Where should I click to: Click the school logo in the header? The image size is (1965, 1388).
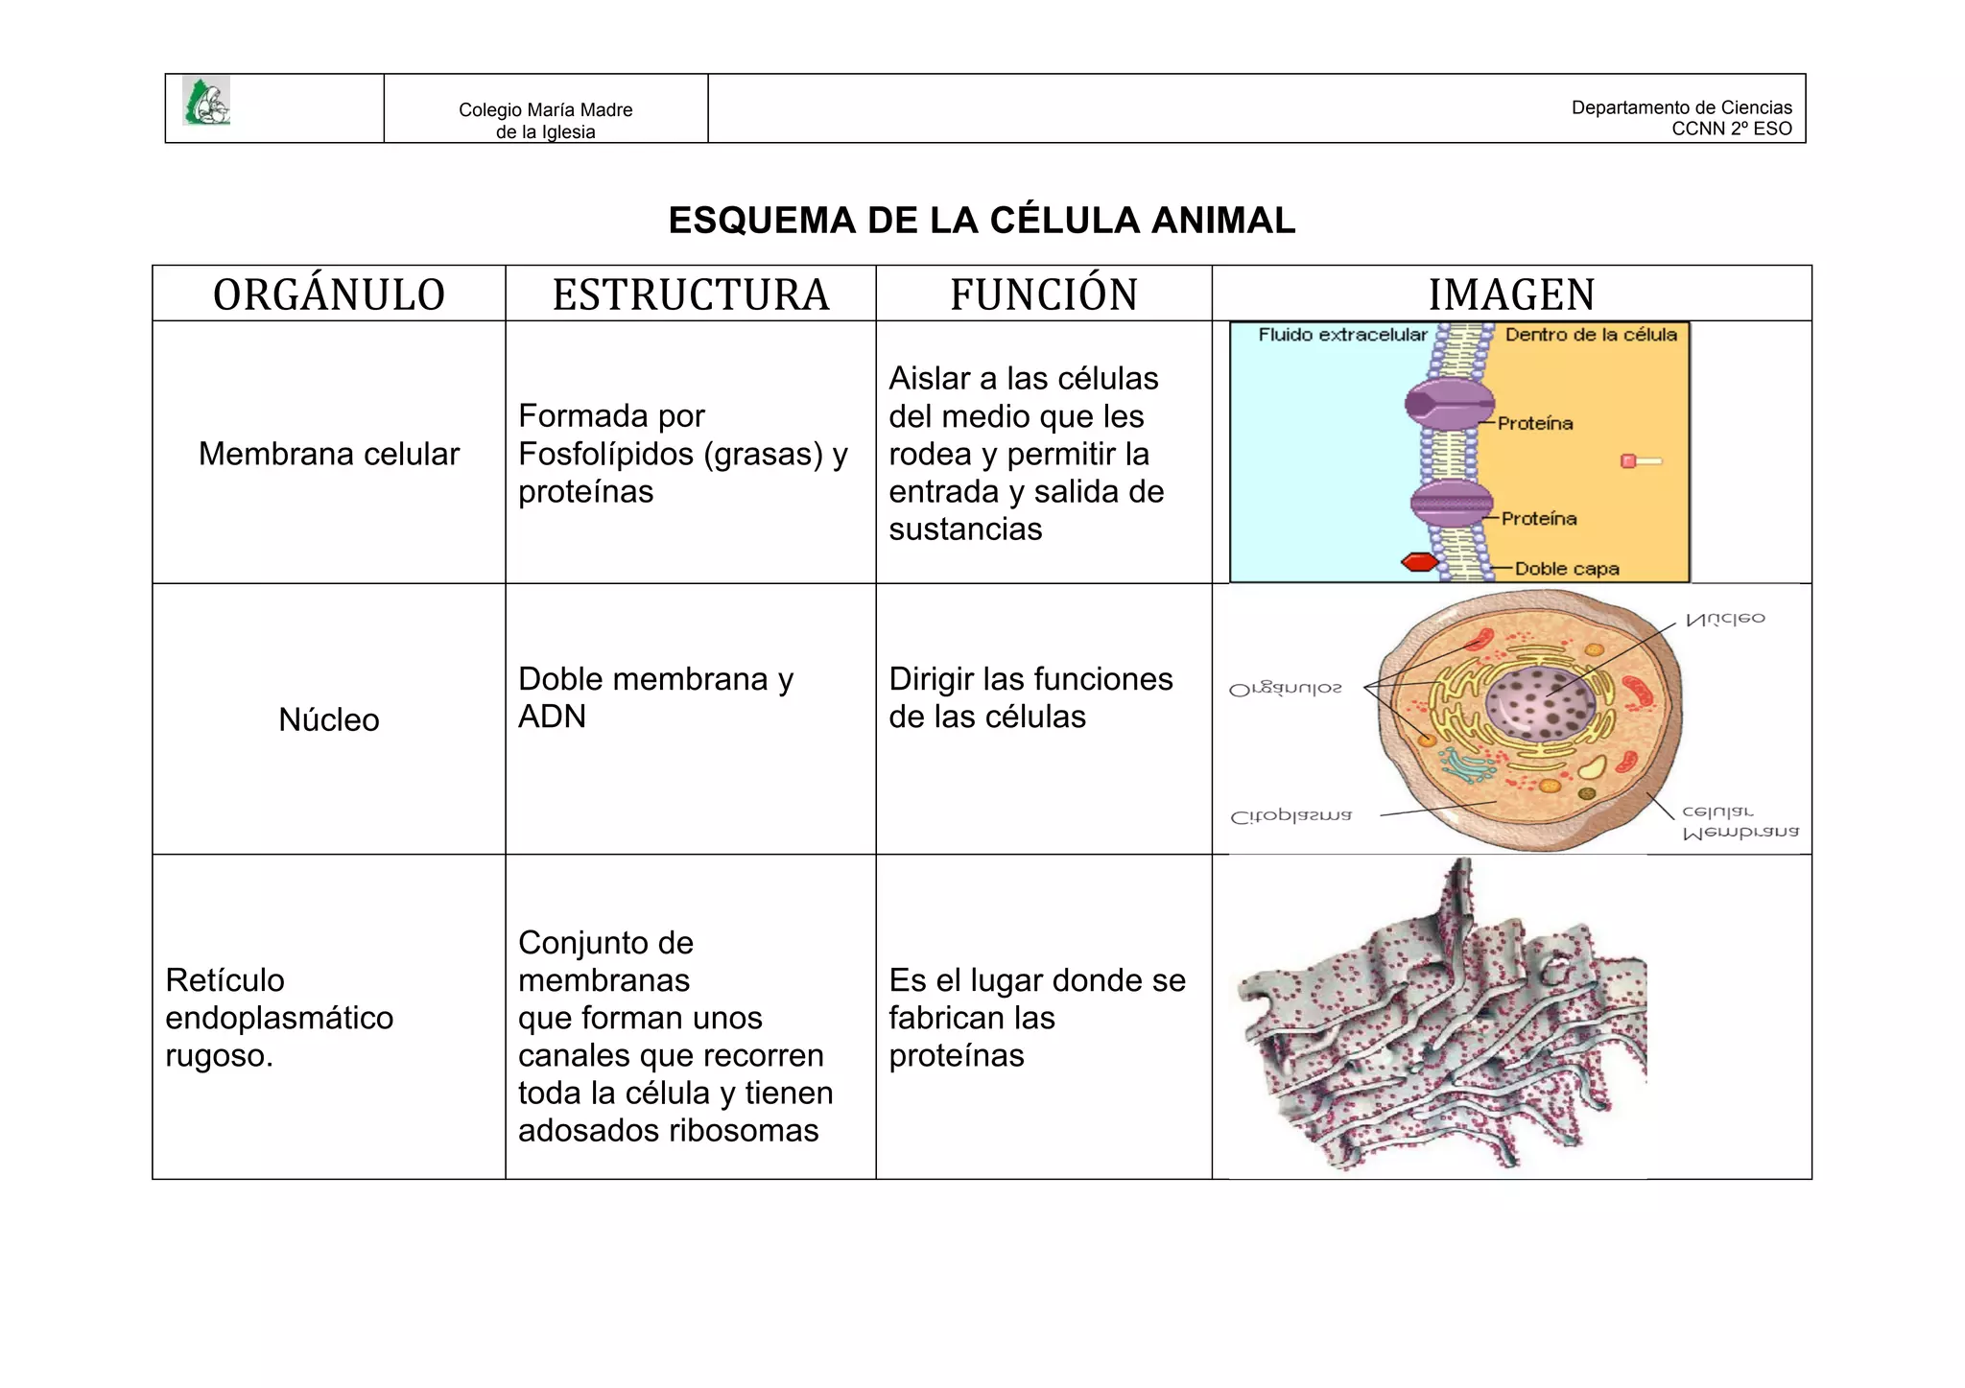[x=206, y=101]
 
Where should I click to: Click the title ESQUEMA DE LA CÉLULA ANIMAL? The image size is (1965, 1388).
[x=982, y=221]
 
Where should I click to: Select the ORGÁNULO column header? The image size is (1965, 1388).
[x=329, y=294]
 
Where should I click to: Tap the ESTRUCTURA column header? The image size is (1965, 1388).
[x=691, y=294]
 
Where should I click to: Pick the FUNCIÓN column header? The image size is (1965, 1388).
[x=1044, y=294]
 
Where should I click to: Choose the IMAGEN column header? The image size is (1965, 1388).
[x=1511, y=294]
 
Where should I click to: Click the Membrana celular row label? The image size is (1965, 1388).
[x=329, y=454]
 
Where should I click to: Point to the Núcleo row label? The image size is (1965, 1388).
[x=329, y=719]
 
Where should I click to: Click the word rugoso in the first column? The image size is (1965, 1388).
[x=219, y=1055]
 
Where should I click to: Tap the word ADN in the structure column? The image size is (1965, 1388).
[x=552, y=717]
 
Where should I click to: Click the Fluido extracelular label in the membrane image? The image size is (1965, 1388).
[x=1342, y=335]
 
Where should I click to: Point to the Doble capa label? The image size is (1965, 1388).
[x=1567, y=569]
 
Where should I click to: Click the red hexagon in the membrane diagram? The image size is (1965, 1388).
[x=1420, y=562]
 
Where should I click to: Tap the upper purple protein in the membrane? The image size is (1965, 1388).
[x=1449, y=404]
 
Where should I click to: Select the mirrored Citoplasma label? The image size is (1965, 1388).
[x=1291, y=817]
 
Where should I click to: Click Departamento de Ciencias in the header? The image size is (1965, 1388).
[x=1681, y=107]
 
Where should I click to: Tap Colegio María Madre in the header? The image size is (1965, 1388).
[x=545, y=110]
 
